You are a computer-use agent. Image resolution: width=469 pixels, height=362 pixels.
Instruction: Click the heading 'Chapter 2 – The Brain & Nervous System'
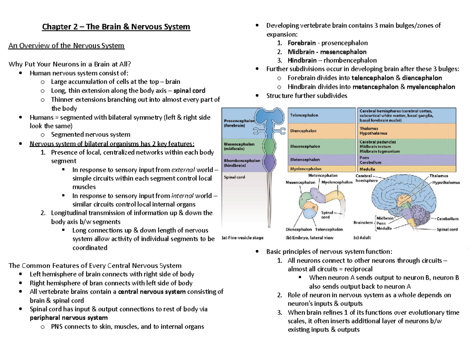[x=116, y=27]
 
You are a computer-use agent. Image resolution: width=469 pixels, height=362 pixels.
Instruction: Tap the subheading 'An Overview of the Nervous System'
[x=66, y=46]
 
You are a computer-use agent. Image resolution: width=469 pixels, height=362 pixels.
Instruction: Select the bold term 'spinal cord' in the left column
[x=190, y=91]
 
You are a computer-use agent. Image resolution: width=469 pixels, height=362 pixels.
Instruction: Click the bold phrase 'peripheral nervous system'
[x=69, y=317]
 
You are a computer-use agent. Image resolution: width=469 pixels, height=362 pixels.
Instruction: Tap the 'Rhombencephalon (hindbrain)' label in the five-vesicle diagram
[x=242, y=163]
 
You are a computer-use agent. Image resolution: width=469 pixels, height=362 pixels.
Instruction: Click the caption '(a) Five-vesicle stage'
[x=243, y=237]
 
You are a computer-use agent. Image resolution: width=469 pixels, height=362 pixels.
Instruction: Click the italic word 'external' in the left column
[x=184, y=170]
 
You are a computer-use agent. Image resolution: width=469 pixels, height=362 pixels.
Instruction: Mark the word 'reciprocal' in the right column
[x=358, y=269]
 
